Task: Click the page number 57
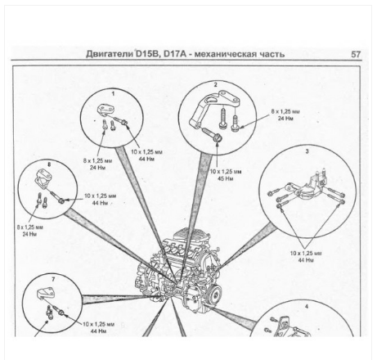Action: pyautogui.click(x=356, y=54)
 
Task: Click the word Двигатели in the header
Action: pyautogui.click(x=110, y=54)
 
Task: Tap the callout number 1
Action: pyautogui.click(x=112, y=93)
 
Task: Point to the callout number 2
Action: pyautogui.click(x=215, y=84)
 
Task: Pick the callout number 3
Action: pyautogui.click(x=307, y=151)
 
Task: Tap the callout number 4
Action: pyautogui.click(x=306, y=305)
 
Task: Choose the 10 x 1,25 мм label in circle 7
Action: pyautogui.click(x=99, y=324)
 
